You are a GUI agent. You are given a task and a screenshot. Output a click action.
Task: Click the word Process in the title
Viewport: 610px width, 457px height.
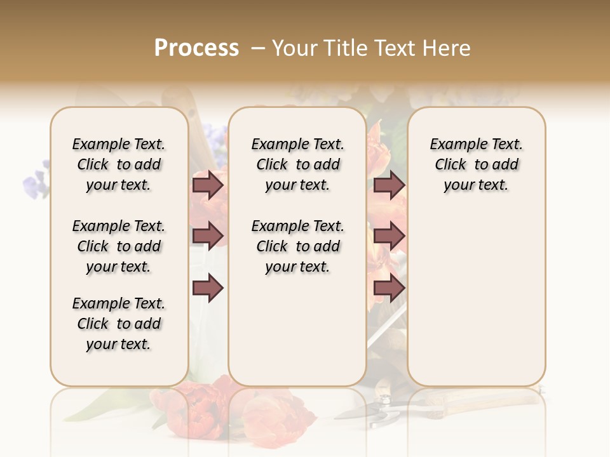(x=196, y=48)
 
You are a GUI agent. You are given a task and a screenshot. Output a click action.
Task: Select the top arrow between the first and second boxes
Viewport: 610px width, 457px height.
(x=208, y=185)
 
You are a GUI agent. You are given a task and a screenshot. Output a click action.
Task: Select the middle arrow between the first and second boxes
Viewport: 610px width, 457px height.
(x=208, y=235)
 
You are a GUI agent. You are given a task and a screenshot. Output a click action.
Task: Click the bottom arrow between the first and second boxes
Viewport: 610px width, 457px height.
(x=208, y=288)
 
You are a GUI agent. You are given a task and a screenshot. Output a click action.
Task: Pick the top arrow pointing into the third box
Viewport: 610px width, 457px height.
(x=389, y=185)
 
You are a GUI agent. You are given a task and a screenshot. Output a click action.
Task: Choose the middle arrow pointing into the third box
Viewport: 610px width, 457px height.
(x=389, y=235)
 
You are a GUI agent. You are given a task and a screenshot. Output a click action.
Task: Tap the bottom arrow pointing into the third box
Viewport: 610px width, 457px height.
(x=389, y=288)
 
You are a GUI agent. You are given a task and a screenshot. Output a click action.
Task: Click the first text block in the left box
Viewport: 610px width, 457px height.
(x=119, y=164)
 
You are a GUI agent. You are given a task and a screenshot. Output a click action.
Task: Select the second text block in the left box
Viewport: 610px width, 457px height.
(x=119, y=246)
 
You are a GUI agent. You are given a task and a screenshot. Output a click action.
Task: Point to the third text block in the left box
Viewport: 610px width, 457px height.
(x=119, y=324)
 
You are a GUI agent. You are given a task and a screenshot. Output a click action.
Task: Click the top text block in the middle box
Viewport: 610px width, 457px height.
(x=297, y=164)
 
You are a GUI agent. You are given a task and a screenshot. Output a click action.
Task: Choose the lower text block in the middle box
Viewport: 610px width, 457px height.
(x=297, y=246)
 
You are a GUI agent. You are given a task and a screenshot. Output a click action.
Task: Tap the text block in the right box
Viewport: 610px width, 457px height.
(x=476, y=164)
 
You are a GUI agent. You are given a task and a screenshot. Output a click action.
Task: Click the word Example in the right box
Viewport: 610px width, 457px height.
(x=453, y=145)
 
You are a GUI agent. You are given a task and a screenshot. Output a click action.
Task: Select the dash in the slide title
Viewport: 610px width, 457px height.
(x=257, y=48)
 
